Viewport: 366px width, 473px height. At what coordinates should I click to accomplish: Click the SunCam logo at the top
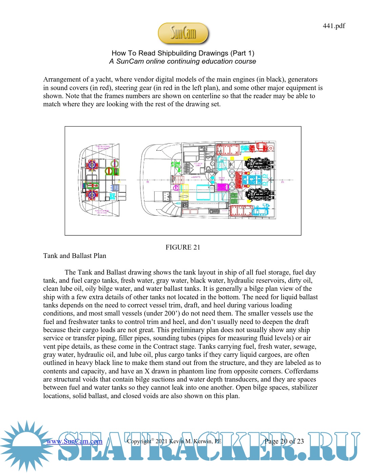pyautogui.click(x=183, y=33)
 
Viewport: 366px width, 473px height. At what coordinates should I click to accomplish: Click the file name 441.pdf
pyautogui.click(x=334, y=26)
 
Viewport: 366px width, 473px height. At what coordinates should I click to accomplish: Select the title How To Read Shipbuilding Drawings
pyautogui.click(x=183, y=53)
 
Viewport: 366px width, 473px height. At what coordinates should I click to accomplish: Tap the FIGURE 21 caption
pyautogui.click(x=183, y=247)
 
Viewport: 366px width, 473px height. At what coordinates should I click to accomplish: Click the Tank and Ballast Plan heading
pyautogui.click(x=75, y=256)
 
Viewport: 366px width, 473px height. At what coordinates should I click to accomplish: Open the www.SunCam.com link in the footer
pyautogui.click(x=74, y=441)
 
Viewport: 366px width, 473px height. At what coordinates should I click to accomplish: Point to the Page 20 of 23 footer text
pyautogui.click(x=284, y=441)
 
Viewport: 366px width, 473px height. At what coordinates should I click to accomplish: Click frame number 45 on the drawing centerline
pyautogui.click(x=147, y=182)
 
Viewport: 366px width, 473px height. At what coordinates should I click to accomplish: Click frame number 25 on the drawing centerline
pyautogui.click(x=283, y=182)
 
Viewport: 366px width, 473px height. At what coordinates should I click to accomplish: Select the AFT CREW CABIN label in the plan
pyautogui.click(x=198, y=165)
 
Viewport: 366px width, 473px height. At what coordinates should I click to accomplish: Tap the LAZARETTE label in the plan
pyautogui.click(x=196, y=177)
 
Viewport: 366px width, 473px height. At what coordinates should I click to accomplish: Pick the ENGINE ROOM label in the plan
pyautogui.click(x=222, y=178)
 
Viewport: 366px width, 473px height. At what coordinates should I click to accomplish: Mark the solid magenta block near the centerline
pyautogui.click(x=222, y=187)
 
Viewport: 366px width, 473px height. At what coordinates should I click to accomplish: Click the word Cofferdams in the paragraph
pyautogui.click(x=301, y=371)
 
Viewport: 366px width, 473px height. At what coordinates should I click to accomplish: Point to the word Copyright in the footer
pyautogui.click(x=139, y=441)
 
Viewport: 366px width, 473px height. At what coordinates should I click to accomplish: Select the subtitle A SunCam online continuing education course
pyautogui.click(x=183, y=61)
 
